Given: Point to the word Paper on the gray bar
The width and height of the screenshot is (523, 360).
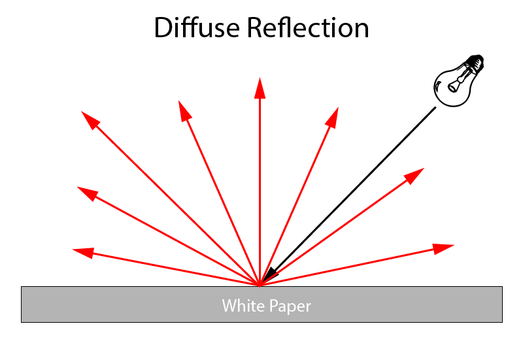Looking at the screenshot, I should tap(288, 306).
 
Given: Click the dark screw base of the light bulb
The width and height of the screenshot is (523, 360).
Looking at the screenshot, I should tap(475, 63).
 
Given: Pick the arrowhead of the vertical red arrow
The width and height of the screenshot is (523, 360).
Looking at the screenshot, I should tap(260, 88).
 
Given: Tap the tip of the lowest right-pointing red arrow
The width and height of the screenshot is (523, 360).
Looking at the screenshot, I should tap(445, 248).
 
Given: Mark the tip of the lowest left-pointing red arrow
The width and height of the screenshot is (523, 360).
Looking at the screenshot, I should tap(80, 251).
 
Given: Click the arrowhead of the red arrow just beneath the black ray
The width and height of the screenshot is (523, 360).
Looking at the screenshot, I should tap(414, 175).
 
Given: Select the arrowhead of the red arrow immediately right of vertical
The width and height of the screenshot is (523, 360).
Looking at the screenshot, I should tap(332, 117).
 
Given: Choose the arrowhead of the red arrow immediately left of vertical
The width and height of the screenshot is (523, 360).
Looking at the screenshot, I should tap(185, 111).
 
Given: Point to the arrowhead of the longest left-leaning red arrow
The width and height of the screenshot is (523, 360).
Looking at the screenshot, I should tap(90, 120).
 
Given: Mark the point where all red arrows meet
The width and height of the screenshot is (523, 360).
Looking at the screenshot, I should tap(260, 285).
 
